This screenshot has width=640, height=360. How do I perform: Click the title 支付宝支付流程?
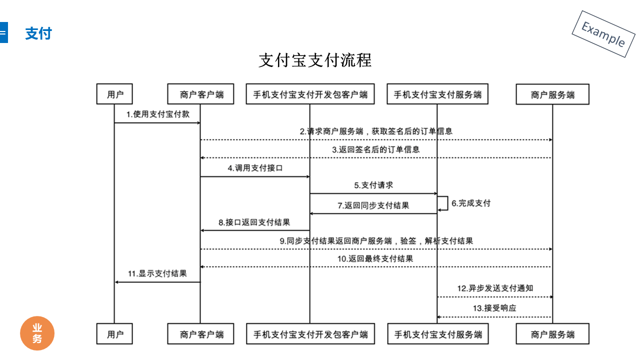click(x=315, y=60)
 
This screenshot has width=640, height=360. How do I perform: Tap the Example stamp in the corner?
click(x=603, y=34)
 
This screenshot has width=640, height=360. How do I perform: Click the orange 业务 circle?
click(x=37, y=333)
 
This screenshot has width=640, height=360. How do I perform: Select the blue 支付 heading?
click(x=38, y=33)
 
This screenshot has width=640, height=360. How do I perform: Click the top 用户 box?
click(x=114, y=93)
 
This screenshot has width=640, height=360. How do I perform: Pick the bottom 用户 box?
click(x=114, y=333)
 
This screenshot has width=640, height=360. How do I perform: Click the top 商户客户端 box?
click(x=200, y=93)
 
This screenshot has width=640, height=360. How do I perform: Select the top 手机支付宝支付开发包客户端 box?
click(x=310, y=93)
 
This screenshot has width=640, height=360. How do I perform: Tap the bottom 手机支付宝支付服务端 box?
click(x=438, y=333)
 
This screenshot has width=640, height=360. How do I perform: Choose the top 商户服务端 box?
click(x=552, y=94)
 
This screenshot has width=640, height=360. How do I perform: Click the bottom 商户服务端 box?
click(x=552, y=333)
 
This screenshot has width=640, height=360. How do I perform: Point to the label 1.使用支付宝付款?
click(x=158, y=114)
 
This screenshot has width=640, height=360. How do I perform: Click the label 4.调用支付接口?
click(x=255, y=168)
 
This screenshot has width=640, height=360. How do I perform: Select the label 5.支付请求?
click(x=373, y=185)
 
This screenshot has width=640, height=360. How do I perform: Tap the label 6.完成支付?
click(x=471, y=203)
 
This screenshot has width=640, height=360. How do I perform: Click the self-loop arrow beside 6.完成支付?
click(x=447, y=203)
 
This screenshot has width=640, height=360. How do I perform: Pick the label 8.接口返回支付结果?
click(x=254, y=222)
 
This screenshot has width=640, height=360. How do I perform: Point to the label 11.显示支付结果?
click(x=157, y=273)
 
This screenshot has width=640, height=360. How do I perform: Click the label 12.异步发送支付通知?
click(x=495, y=288)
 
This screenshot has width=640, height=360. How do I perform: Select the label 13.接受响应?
click(x=494, y=308)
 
